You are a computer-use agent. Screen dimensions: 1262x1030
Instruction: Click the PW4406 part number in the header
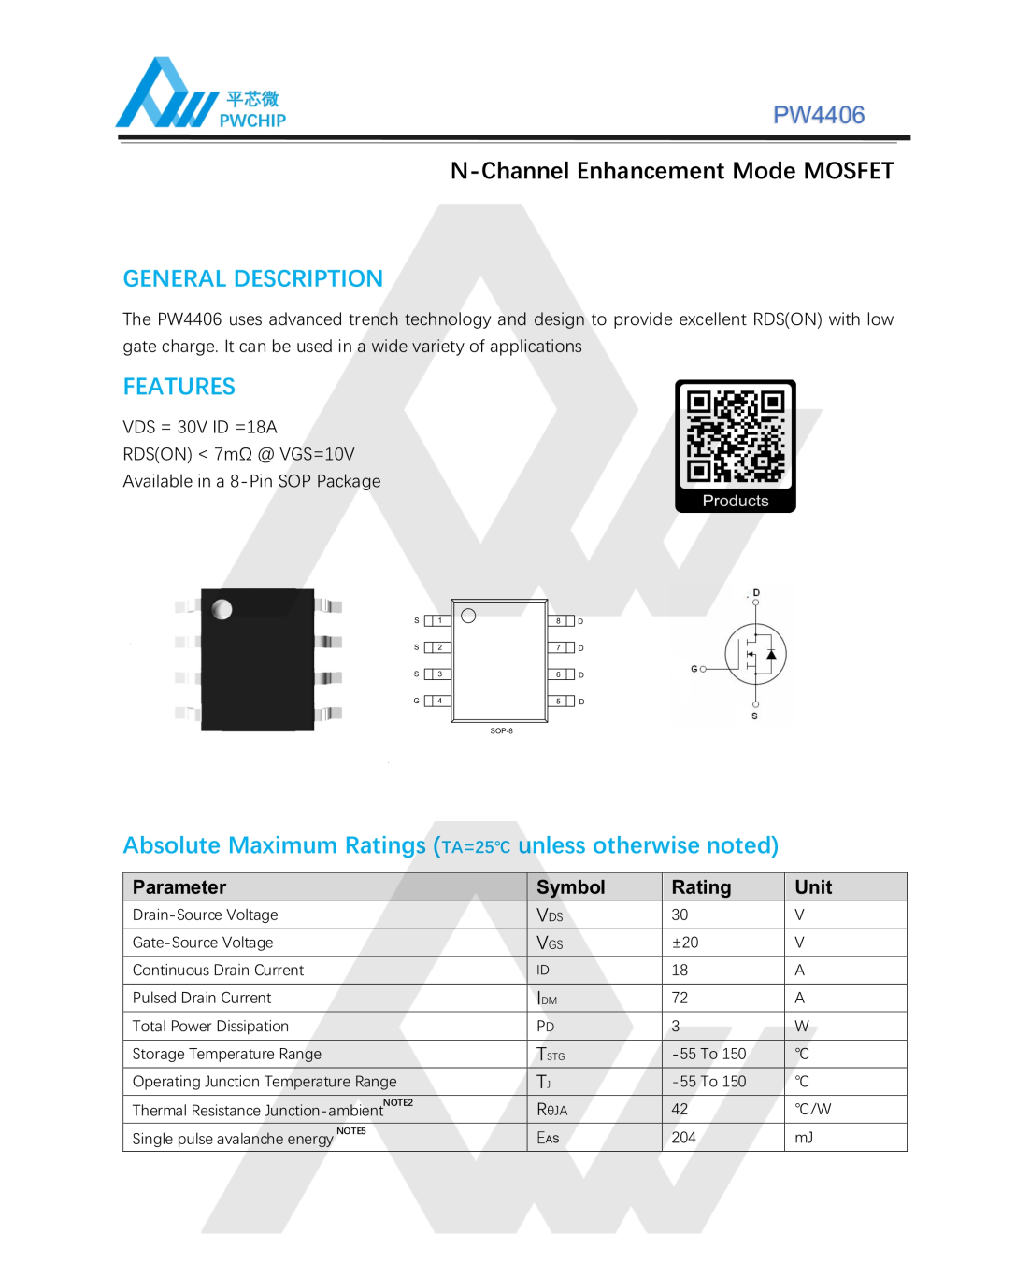coord(818,115)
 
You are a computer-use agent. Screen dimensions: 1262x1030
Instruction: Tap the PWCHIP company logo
coord(200,94)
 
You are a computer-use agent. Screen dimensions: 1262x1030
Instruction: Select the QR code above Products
coord(736,435)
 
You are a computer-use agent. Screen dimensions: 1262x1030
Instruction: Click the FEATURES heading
coord(179,387)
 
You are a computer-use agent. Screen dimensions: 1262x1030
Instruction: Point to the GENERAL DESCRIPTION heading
coord(252,278)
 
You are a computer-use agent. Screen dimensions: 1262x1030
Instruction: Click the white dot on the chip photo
coord(222,610)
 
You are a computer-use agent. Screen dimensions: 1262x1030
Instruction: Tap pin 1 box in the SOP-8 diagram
coord(439,620)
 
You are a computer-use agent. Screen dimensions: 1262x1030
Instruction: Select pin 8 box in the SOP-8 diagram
coord(559,621)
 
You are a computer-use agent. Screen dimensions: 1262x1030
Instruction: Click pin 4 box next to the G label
coord(439,701)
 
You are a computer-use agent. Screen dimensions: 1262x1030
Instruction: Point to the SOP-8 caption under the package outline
coord(501,731)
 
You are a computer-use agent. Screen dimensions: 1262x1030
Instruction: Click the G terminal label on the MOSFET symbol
coord(694,669)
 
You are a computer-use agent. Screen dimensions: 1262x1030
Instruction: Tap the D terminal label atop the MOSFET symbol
coord(756,592)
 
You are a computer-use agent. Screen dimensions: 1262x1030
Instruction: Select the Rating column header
coord(701,887)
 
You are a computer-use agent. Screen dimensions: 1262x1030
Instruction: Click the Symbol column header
coord(570,887)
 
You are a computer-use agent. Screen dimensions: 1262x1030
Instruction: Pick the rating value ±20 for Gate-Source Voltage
coord(685,943)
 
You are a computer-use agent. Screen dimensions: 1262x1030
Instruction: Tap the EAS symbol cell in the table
coord(548,1138)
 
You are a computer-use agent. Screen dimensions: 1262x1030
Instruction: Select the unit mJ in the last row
coord(804,1138)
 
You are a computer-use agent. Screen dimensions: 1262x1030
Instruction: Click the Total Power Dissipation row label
coord(210,1026)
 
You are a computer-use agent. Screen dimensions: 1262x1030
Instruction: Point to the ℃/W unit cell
coord(812,1110)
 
